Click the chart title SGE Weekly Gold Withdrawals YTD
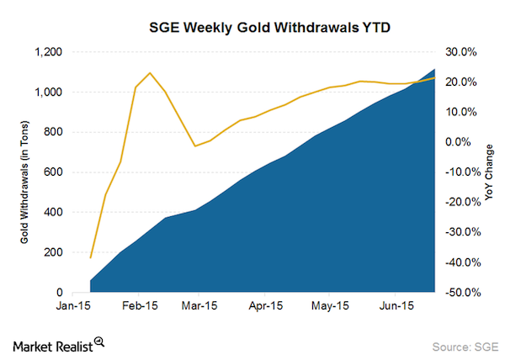(x=252, y=28)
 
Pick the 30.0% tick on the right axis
(x=461, y=52)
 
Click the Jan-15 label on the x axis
(x=75, y=306)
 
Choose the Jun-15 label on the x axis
(x=398, y=306)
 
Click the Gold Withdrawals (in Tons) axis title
(x=24, y=172)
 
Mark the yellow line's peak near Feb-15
(x=150, y=72)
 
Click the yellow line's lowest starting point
(x=90, y=257)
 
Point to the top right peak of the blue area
(x=434, y=69)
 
